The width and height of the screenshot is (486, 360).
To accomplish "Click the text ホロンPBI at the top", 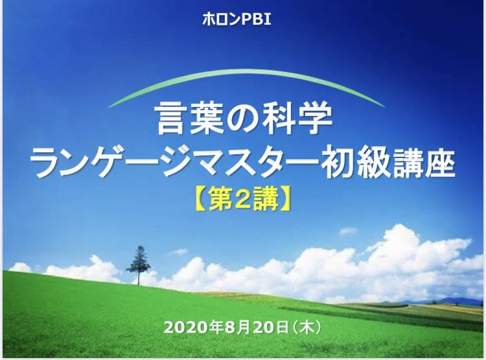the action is [x=237, y=20].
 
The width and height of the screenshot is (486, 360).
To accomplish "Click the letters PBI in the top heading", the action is [x=256, y=20].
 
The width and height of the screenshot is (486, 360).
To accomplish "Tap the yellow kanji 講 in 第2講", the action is [x=266, y=201].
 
